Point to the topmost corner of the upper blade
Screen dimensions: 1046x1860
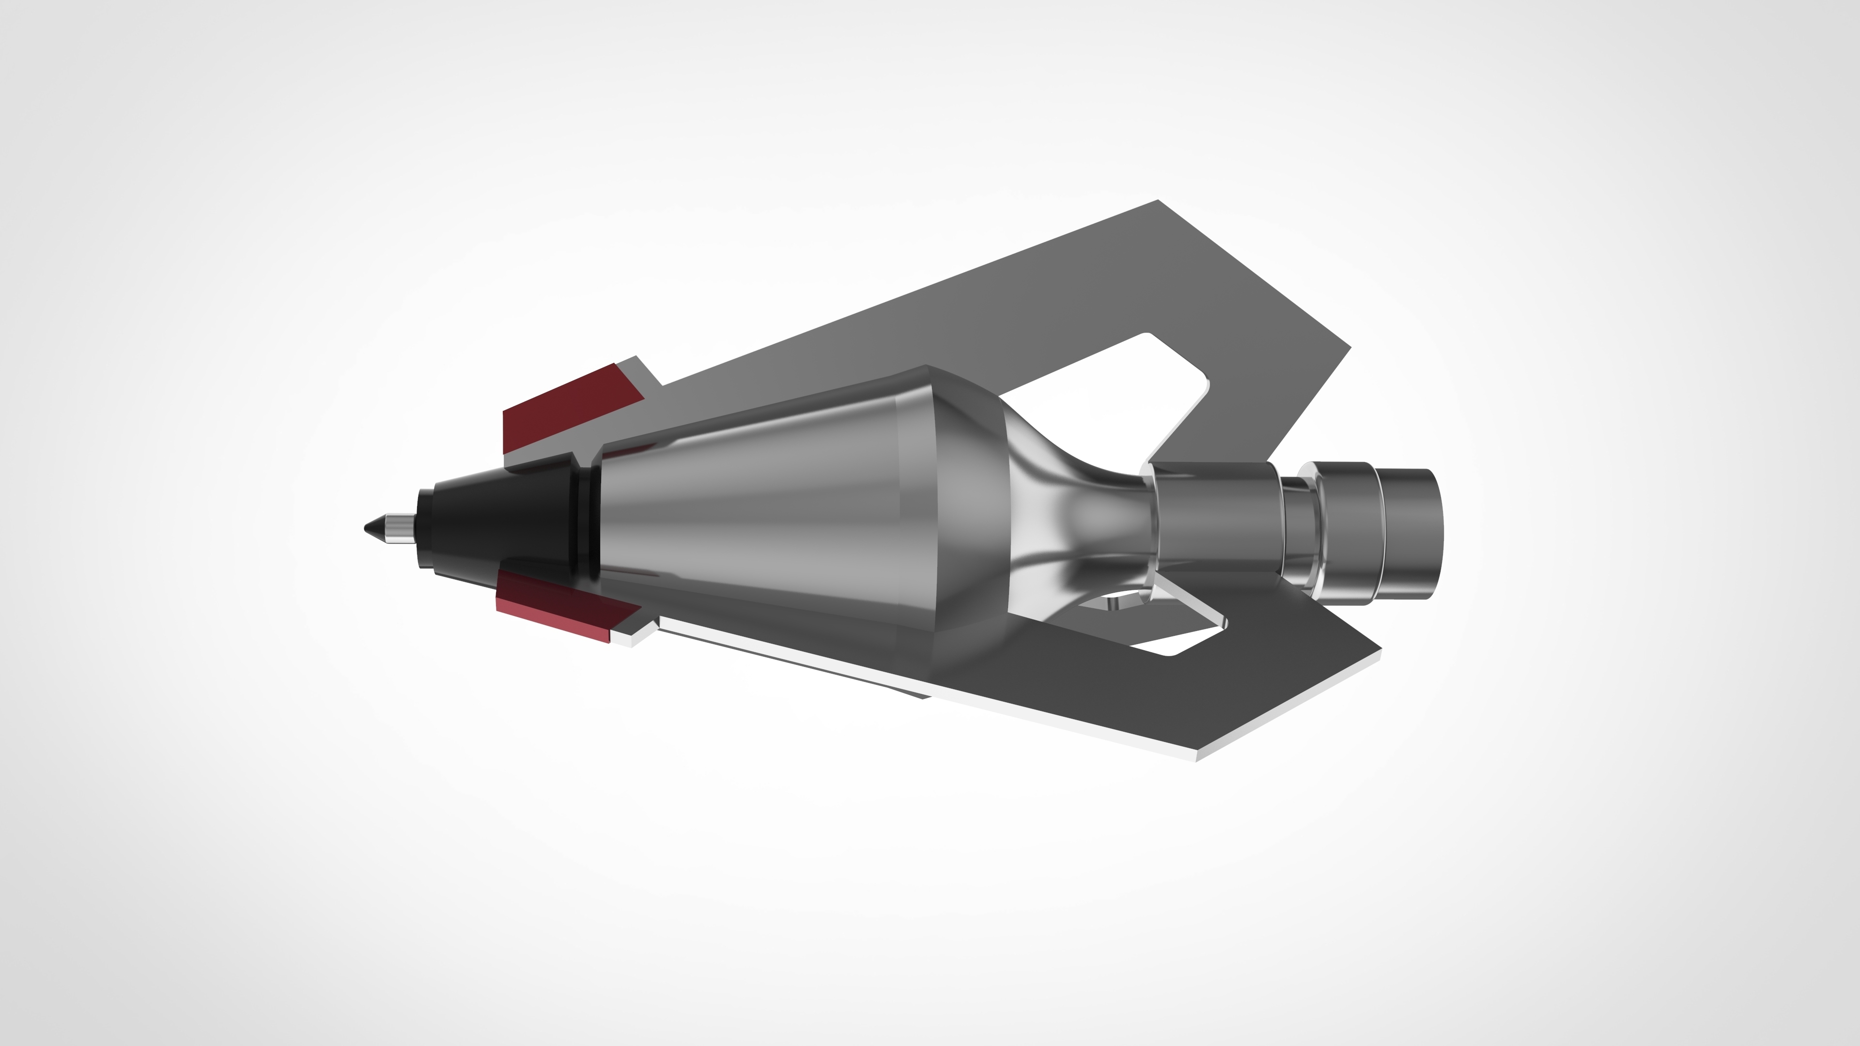point(1158,201)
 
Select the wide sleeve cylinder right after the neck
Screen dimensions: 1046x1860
point(1213,520)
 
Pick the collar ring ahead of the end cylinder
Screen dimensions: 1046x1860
point(1343,520)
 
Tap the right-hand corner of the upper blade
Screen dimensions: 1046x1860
point(1349,348)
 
